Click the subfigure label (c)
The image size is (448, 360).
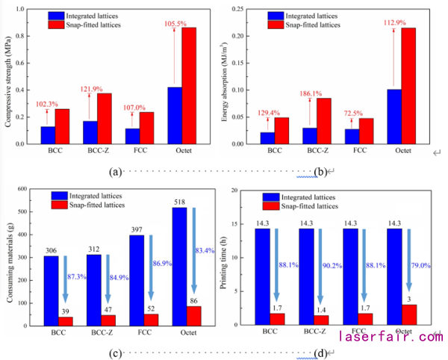click(x=115, y=352)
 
